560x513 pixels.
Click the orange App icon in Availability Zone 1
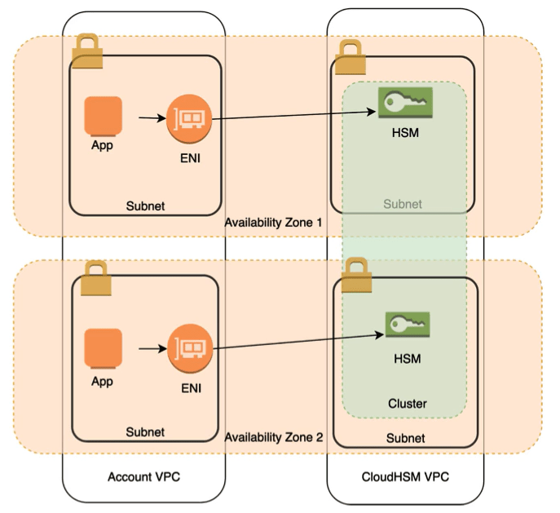click(x=103, y=117)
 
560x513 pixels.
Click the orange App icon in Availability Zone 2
click(x=104, y=349)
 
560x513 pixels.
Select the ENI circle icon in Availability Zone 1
click(x=189, y=120)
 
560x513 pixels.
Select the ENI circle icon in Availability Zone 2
click(x=192, y=349)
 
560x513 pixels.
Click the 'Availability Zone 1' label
click(x=273, y=223)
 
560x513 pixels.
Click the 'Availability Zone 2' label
click(x=273, y=437)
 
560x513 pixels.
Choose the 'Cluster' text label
click(x=406, y=404)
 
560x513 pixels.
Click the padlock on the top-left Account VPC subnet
click(x=86, y=53)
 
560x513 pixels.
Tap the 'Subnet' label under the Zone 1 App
click(x=144, y=206)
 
